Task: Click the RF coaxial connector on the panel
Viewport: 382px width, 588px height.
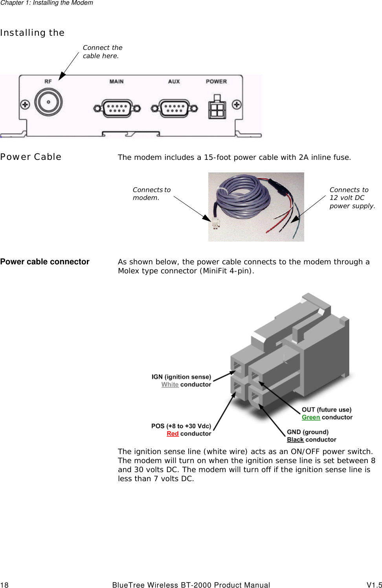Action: point(48,102)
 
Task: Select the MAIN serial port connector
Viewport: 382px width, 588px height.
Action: point(117,108)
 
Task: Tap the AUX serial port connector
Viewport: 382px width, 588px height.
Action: point(174,108)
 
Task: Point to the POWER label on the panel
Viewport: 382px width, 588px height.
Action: point(216,82)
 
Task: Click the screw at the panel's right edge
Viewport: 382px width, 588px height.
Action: point(237,104)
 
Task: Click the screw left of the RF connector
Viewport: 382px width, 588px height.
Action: point(25,105)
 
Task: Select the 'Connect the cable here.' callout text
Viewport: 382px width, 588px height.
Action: point(102,51)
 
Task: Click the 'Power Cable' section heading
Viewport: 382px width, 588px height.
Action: point(31,157)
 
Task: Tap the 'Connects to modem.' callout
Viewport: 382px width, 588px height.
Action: point(151,194)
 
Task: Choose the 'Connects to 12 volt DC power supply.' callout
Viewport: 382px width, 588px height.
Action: point(352,198)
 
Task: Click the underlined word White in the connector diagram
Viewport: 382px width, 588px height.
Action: point(170,385)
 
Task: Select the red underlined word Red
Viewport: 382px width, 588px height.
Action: point(173,434)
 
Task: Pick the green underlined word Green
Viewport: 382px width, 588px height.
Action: point(310,417)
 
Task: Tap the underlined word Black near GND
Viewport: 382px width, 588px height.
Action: point(295,440)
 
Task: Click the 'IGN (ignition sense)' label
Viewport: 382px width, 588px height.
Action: point(181,377)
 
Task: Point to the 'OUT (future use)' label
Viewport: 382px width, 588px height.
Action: point(326,409)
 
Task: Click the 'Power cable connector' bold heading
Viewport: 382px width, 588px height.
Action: point(45,262)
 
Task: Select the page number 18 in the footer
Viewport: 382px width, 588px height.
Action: point(4,585)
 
